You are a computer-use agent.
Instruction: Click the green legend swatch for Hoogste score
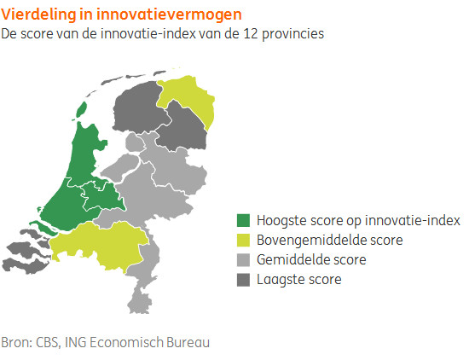click(x=243, y=220)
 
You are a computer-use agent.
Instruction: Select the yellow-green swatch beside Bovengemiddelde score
click(x=243, y=240)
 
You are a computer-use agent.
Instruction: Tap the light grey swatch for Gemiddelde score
click(x=243, y=259)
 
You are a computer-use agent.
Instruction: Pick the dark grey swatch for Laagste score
click(x=243, y=280)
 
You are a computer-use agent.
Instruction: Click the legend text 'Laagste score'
click(x=299, y=280)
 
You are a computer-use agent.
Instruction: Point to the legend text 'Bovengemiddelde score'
click(x=330, y=240)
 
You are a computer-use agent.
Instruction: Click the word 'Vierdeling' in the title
click(x=38, y=15)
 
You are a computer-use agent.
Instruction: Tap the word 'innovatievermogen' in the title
click(x=169, y=15)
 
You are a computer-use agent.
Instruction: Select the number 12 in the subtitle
click(x=251, y=33)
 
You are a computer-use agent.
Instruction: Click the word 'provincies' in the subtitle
click(x=293, y=34)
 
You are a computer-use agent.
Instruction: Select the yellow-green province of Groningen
click(x=191, y=96)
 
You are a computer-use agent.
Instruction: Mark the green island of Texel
click(x=81, y=109)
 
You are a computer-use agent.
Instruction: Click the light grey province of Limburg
click(x=142, y=276)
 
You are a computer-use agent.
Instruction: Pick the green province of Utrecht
click(x=103, y=195)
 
